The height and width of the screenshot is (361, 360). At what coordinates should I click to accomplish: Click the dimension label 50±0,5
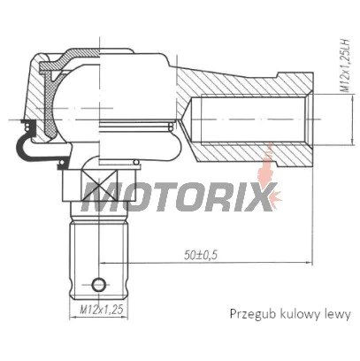click(x=201, y=255)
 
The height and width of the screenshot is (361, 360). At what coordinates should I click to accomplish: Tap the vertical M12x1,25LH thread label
click(x=344, y=65)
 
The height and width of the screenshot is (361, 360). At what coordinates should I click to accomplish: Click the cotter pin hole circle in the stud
click(x=99, y=285)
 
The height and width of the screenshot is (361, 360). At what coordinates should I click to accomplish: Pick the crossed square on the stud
click(x=99, y=186)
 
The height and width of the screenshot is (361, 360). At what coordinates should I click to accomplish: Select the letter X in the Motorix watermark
click(x=259, y=196)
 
